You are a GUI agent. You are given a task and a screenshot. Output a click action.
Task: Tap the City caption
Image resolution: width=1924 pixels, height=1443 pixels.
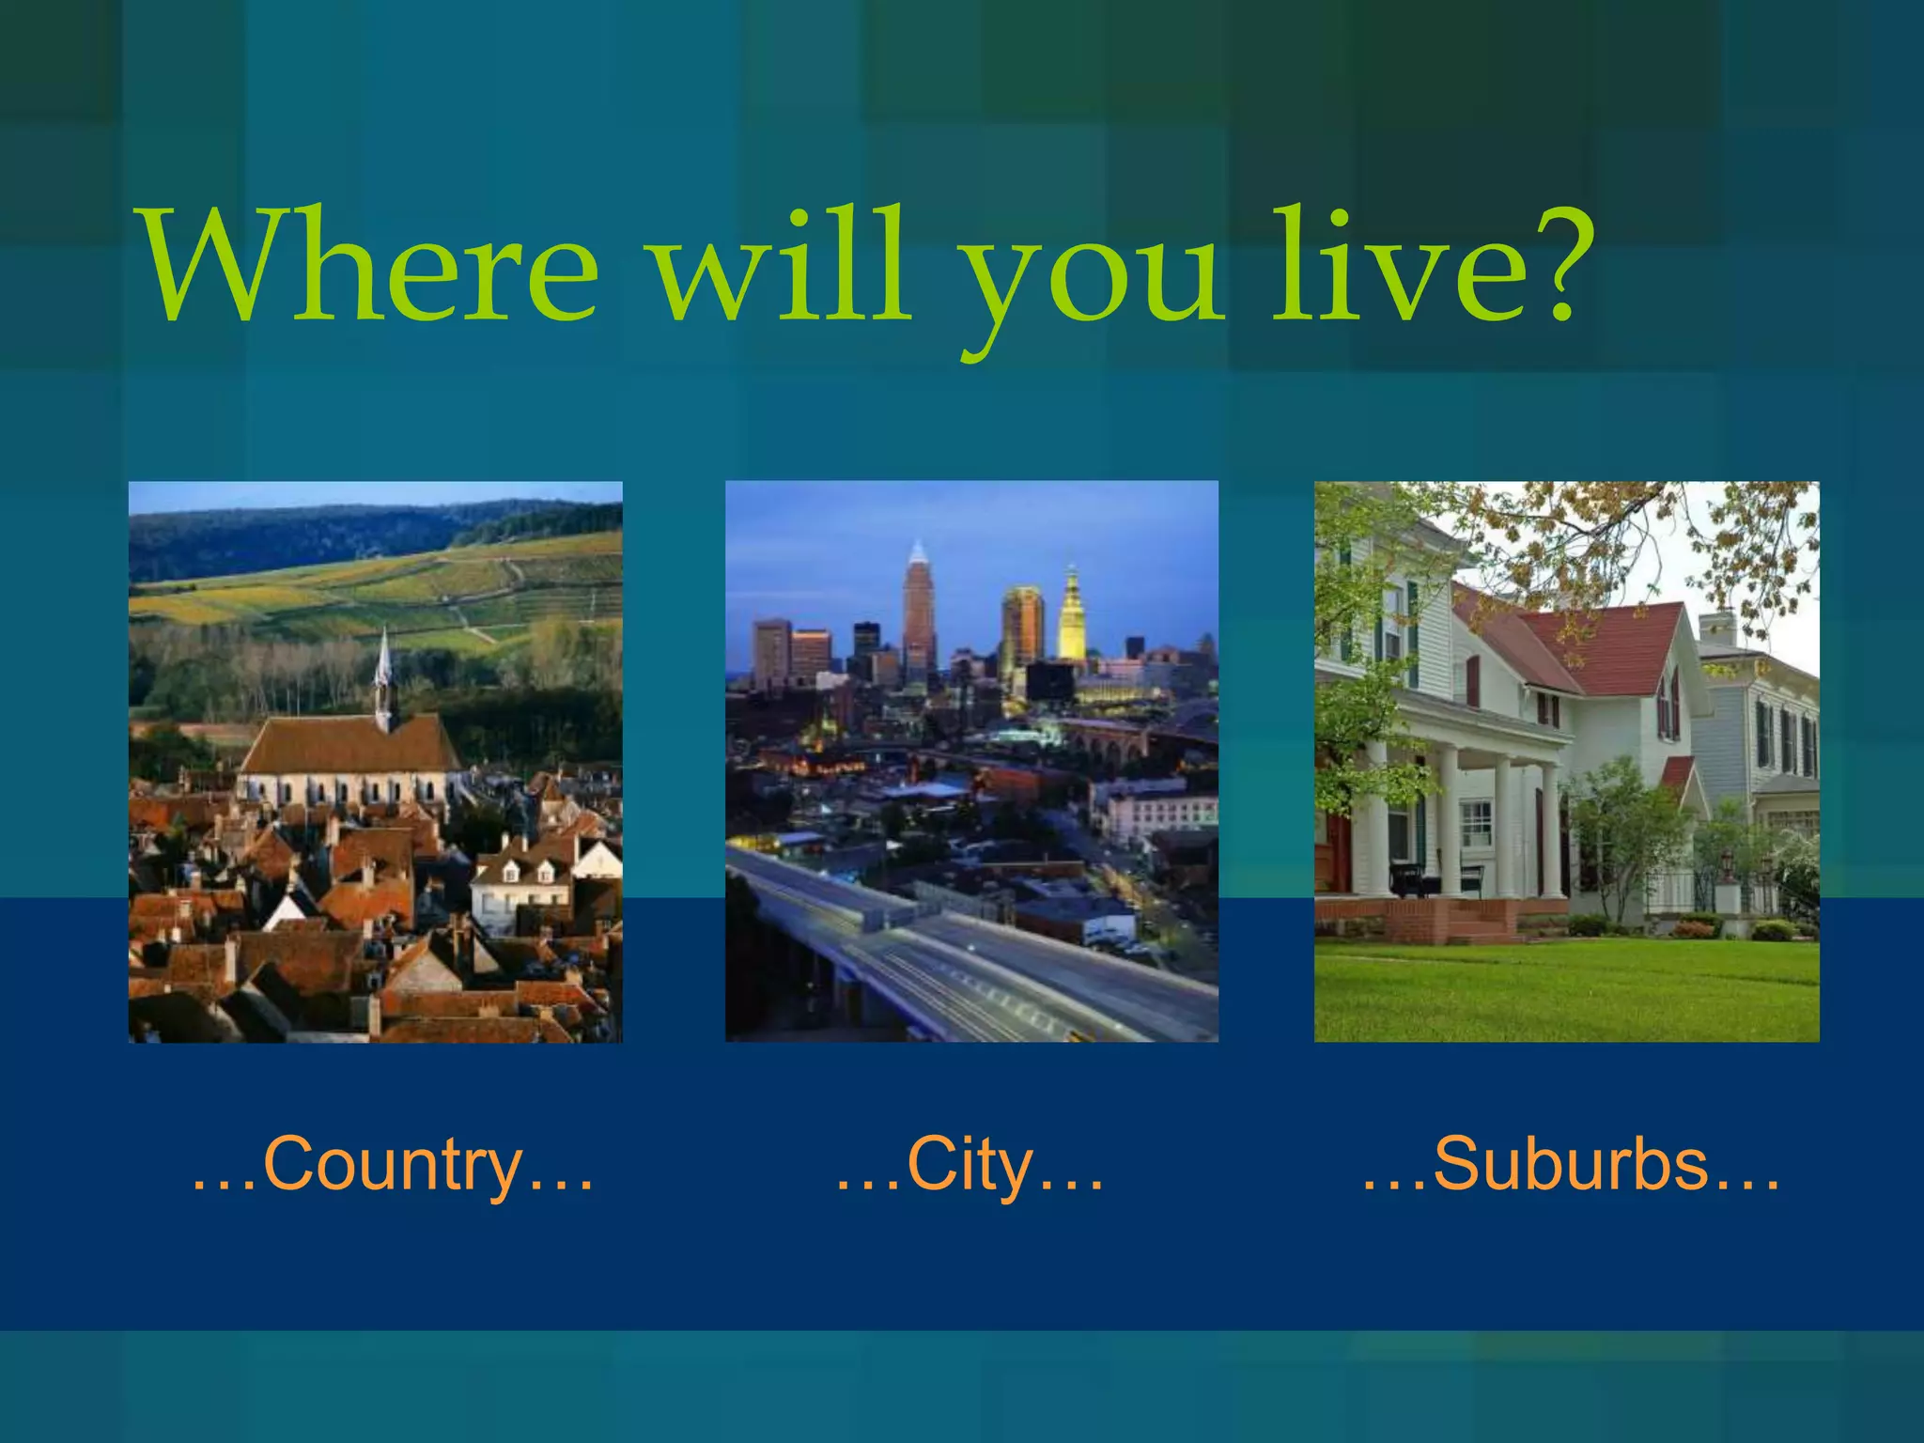[x=970, y=1165]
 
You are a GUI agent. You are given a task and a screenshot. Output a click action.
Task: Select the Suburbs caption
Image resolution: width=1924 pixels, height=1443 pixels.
[x=1571, y=1165]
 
